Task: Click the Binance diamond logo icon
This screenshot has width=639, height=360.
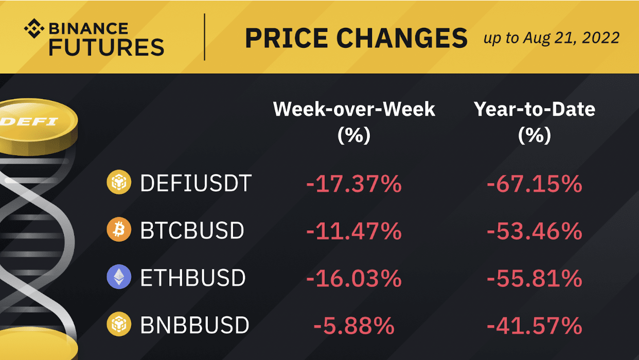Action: pos(34,28)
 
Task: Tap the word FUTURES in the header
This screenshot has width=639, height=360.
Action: pos(106,47)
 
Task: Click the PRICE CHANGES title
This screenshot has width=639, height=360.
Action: pos(357,38)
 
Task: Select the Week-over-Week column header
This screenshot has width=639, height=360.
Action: pos(354,122)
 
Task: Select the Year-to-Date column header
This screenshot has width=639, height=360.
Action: pos(535,122)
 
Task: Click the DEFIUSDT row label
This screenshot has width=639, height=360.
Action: pos(196,183)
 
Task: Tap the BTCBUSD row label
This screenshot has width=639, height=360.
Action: pos(192,230)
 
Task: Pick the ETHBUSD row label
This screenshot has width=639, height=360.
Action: pos(193,278)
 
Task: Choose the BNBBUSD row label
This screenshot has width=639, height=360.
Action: pos(195,325)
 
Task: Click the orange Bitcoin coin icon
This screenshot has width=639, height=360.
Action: pos(119,230)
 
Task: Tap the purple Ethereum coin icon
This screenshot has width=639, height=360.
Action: pos(119,277)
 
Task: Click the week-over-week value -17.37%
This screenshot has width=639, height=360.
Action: pos(354,184)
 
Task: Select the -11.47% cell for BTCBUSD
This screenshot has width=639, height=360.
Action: pos(354,231)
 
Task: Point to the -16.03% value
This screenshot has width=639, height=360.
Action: pos(354,278)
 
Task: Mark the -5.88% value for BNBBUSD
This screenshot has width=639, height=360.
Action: pos(354,326)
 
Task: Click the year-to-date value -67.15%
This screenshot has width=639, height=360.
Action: pos(535,184)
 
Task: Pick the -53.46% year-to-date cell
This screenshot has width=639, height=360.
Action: pos(535,231)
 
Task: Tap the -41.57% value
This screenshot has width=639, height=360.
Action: pos(535,326)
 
